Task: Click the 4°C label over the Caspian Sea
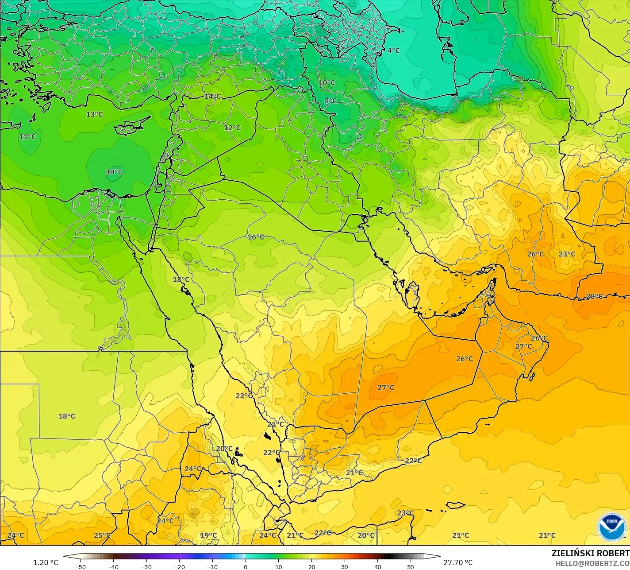[x=393, y=50]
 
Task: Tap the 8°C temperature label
[x=330, y=101]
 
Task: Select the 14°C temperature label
[x=212, y=96]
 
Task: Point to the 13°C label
[x=94, y=114]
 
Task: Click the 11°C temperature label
[x=27, y=137]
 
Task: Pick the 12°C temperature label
[x=232, y=128]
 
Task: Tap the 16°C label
[x=256, y=237]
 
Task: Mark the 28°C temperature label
[x=595, y=296]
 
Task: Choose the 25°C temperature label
[x=102, y=535]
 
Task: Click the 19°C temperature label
[x=209, y=535]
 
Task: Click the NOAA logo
[x=611, y=527]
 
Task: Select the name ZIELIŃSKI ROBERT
[x=590, y=553]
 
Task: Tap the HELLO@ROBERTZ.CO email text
[x=593, y=563]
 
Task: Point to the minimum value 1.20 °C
[x=46, y=562]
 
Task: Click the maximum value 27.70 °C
[x=458, y=562]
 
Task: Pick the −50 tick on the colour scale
[x=80, y=567]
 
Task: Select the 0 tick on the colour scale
[x=246, y=567]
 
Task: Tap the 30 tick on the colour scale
[x=345, y=567]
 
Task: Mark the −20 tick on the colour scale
[x=179, y=567]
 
